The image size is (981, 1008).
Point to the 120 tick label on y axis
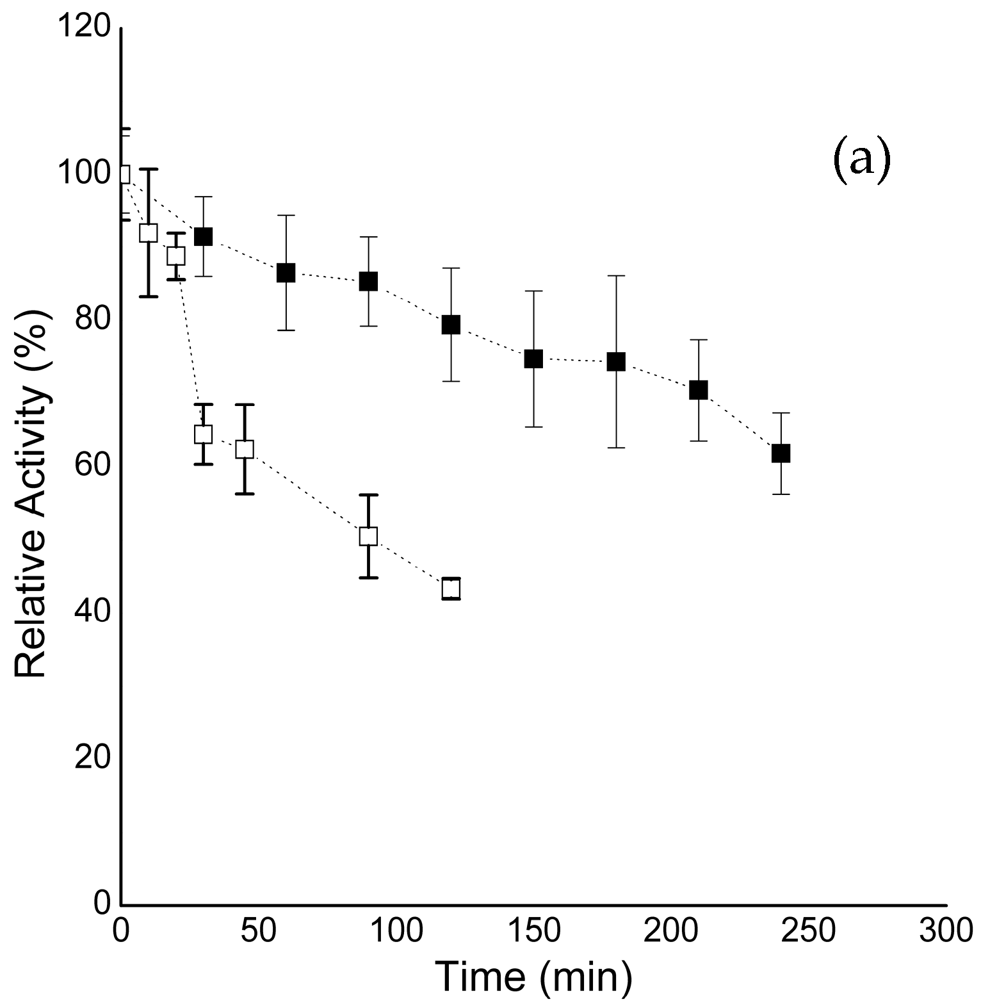pyautogui.click(x=84, y=29)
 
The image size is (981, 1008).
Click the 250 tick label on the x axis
pyautogui.click(x=808, y=932)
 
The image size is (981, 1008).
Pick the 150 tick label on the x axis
pyautogui.click(x=533, y=932)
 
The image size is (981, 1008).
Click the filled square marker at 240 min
pyautogui.click(x=781, y=453)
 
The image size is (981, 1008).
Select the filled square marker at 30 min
pyautogui.click(x=203, y=237)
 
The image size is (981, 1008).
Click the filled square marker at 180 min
pyautogui.click(x=616, y=362)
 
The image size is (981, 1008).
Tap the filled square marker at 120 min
pyautogui.click(x=451, y=325)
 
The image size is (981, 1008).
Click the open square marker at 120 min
pyautogui.click(x=451, y=588)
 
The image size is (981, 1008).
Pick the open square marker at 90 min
pyautogui.click(x=368, y=536)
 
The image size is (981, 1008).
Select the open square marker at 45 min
pyautogui.click(x=245, y=449)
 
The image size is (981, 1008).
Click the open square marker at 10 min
pyautogui.click(x=148, y=233)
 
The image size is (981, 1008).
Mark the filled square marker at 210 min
pyautogui.click(x=699, y=390)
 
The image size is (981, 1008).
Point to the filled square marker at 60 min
pyautogui.click(x=286, y=273)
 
